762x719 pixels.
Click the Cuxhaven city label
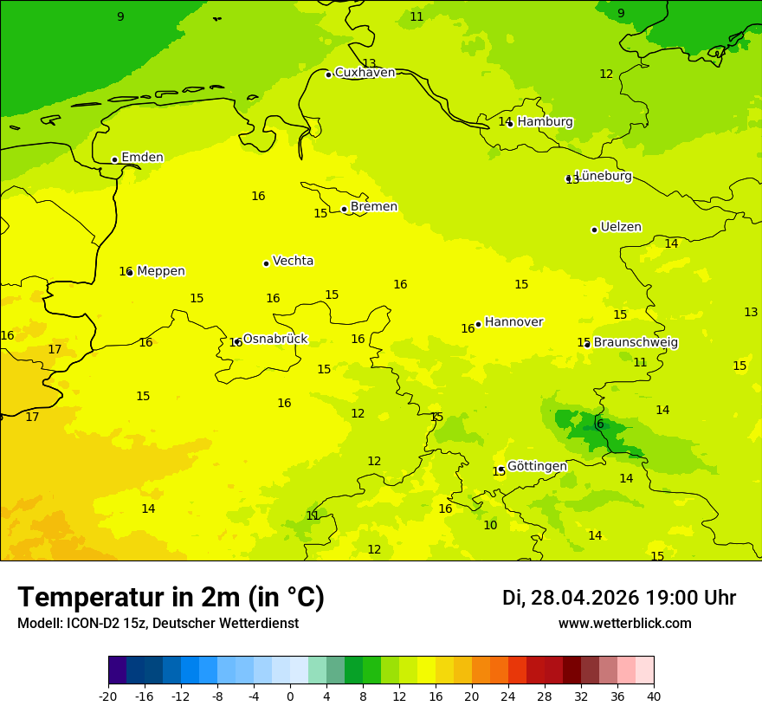tap(365, 73)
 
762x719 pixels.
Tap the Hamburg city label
tap(545, 122)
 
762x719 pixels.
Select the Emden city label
tap(142, 158)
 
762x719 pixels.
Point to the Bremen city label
tap(373, 207)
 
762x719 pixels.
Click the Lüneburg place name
tap(603, 176)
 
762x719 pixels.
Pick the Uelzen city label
tap(621, 228)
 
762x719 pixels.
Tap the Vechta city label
tap(293, 261)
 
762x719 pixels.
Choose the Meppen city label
tap(160, 271)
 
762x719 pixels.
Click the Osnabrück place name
tap(274, 339)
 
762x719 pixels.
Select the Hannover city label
tap(513, 322)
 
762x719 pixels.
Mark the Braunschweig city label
tap(636, 343)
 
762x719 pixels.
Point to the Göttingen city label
tap(537, 466)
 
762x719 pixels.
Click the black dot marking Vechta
tap(266, 263)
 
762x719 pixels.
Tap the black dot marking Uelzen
tap(594, 230)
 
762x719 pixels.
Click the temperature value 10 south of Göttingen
tap(490, 525)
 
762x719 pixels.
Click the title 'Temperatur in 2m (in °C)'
tap(171, 598)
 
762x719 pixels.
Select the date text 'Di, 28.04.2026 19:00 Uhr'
tap(619, 598)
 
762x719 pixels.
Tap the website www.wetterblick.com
tap(624, 624)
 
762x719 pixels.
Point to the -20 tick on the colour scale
tap(108, 696)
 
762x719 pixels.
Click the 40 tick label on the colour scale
tap(654, 696)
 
